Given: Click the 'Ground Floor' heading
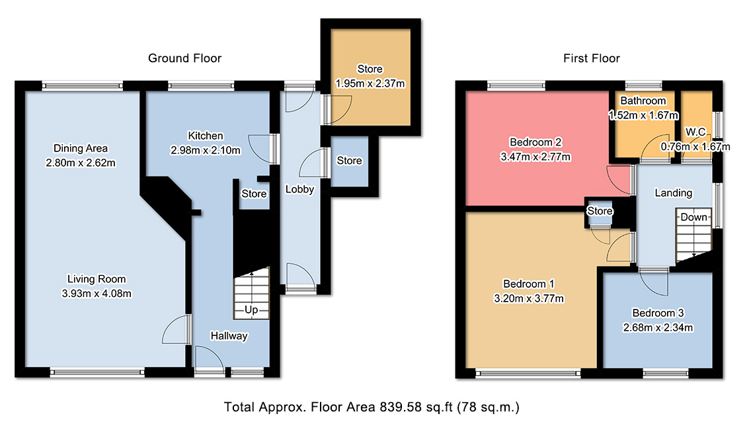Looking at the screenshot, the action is click(185, 59).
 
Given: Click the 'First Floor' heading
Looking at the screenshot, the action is click(592, 59).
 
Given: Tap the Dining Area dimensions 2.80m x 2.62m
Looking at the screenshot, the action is click(81, 163).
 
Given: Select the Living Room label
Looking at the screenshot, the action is click(97, 279).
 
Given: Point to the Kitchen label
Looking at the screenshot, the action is click(206, 136).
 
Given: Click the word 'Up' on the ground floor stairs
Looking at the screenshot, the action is click(251, 310).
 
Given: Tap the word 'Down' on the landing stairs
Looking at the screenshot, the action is click(693, 217).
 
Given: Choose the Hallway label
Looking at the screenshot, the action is click(229, 336).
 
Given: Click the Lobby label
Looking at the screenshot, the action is click(299, 189).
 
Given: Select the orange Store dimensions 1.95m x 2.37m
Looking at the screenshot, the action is click(370, 84).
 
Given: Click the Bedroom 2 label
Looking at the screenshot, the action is click(535, 142).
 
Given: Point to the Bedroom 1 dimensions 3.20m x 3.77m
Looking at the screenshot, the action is click(529, 299).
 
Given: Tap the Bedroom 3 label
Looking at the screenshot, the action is click(658, 313).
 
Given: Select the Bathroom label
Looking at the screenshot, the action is click(643, 101).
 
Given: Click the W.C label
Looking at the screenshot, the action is click(695, 132).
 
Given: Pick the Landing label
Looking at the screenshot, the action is click(673, 193).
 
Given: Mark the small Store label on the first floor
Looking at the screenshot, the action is click(600, 211).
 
